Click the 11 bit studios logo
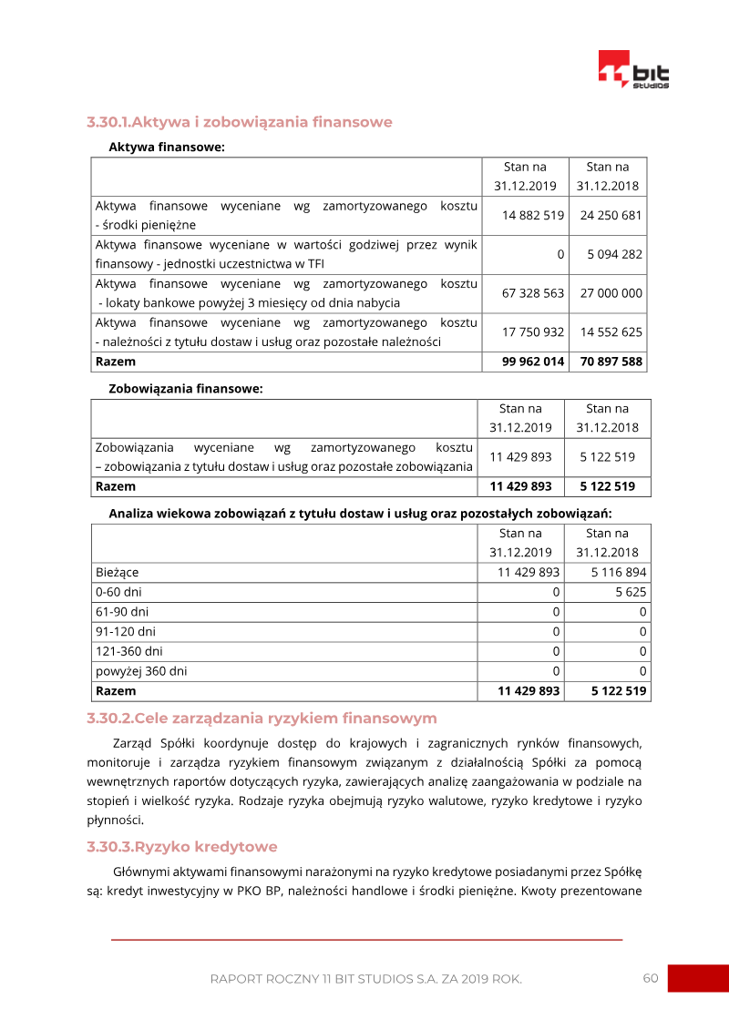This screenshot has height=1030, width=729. click(634, 70)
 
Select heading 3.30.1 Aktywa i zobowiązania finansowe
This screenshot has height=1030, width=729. click(240, 122)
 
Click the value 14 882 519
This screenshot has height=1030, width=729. click(533, 216)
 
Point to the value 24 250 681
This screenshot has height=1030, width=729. click(610, 216)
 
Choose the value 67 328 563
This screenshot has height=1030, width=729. click(533, 293)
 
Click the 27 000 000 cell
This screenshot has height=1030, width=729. click(610, 293)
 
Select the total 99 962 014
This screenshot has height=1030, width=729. click(533, 362)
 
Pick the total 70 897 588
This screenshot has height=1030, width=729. click(610, 362)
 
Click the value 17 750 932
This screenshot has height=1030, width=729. click(533, 331)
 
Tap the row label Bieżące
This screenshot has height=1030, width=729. click(118, 573)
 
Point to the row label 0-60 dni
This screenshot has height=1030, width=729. click(118, 592)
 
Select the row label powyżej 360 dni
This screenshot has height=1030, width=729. click(141, 671)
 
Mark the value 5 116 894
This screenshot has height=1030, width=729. click(618, 573)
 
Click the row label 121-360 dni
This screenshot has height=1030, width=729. click(129, 651)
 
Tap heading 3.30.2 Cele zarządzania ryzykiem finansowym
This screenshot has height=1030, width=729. click(262, 718)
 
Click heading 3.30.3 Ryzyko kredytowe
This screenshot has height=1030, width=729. click(182, 847)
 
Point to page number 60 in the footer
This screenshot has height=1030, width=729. click(650, 978)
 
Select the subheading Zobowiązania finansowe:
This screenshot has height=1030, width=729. click(186, 388)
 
